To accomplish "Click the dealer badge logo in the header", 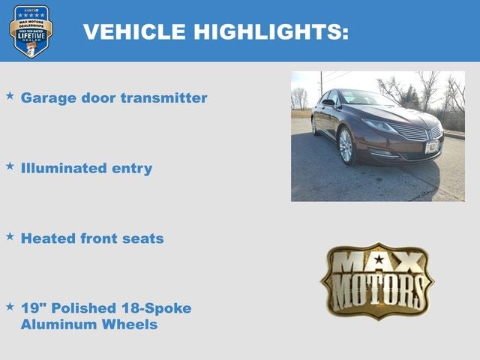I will (31, 31).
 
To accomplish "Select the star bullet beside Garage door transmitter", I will (10, 97).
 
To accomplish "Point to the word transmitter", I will (166, 98).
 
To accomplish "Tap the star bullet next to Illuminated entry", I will (10, 166).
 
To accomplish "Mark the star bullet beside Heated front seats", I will (10, 236).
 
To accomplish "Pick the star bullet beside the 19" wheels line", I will (10, 306).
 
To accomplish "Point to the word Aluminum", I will (57, 324).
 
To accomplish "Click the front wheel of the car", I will (346, 145).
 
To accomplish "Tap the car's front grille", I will (412, 133).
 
